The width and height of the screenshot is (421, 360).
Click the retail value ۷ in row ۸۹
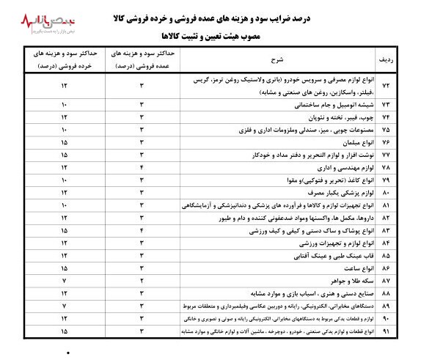pyautogui.click(x=65, y=306)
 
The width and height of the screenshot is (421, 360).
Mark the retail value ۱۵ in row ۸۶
pyautogui.click(x=65, y=268)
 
